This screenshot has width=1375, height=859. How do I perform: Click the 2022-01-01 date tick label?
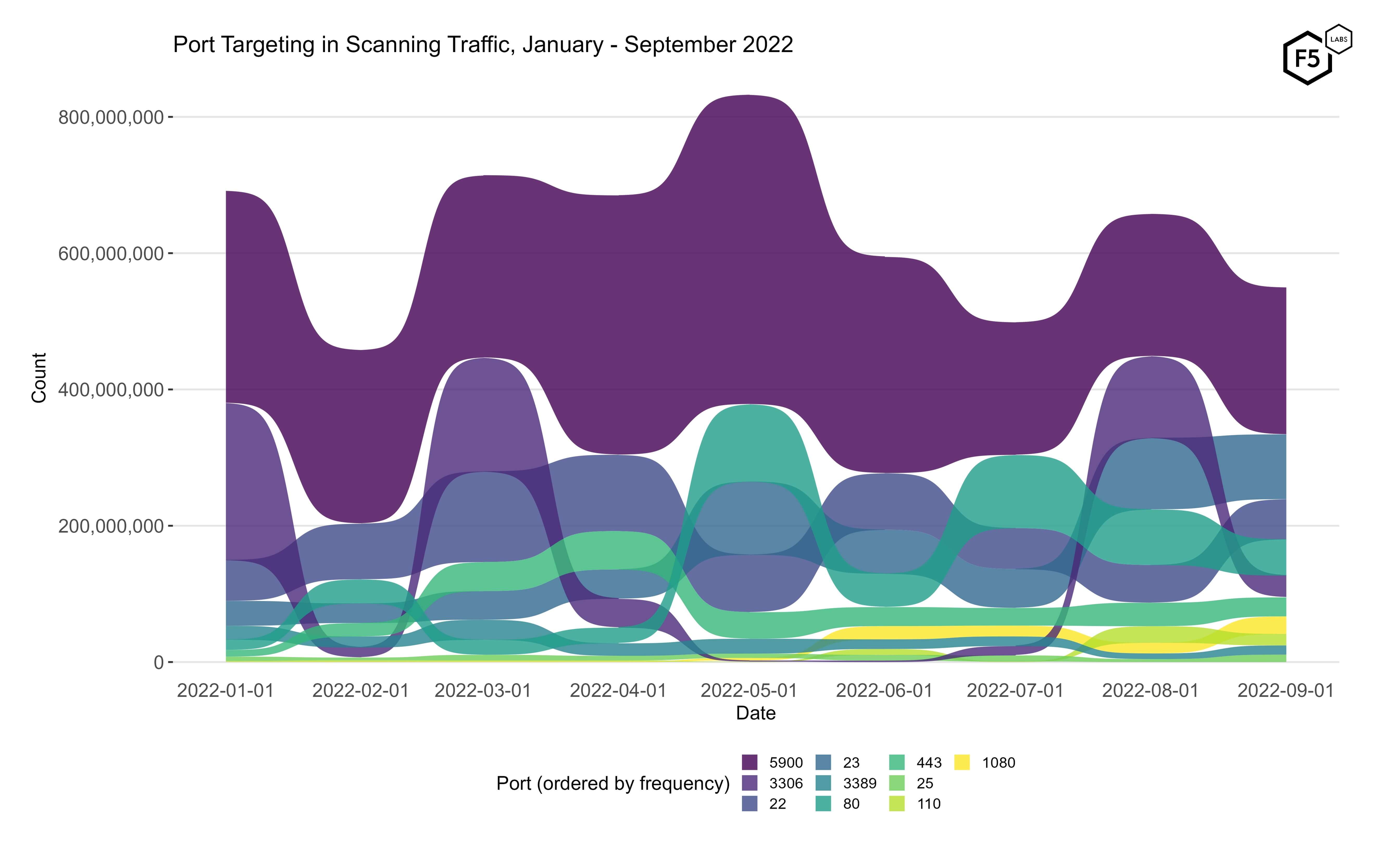coord(226,691)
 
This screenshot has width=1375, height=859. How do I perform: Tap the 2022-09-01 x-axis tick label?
coord(1285,691)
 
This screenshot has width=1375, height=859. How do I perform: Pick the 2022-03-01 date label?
coord(482,691)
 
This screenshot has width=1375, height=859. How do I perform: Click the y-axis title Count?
coord(39,378)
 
